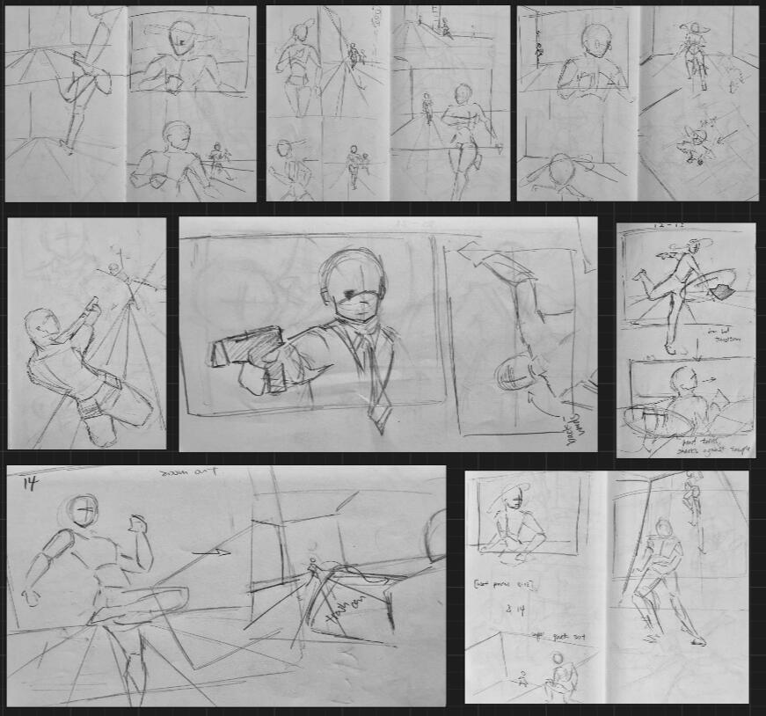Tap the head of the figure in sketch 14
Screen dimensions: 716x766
click(x=84, y=510)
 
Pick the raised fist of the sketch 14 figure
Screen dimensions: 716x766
click(x=137, y=523)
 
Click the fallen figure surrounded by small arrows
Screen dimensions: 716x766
click(x=696, y=146)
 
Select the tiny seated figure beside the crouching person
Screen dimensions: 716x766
click(x=522, y=678)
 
